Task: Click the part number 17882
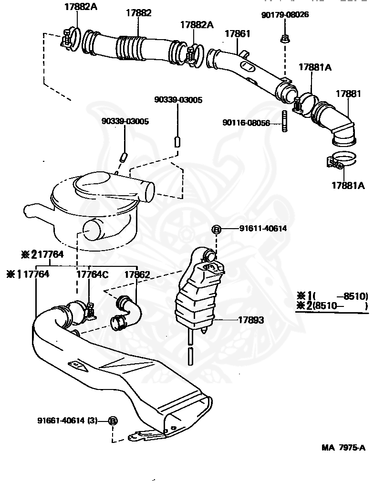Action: tap(138, 13)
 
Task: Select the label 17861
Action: tap(237, 34)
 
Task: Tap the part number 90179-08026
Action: tap(285, 15)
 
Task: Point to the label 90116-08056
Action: tap(246, 123)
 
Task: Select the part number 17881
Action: tap(348, 94)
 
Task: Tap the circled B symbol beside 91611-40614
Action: tap(216, 230)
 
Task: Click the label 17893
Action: tap(250, 320)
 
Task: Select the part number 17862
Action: tap(137, 274)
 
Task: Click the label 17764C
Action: tap(93, 274)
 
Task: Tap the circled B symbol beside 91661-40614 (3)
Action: tap(113, 421)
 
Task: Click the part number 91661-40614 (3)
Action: tap(67, 421)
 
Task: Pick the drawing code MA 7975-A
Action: tap(343, 447)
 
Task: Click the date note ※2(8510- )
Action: tap(332, 306)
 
